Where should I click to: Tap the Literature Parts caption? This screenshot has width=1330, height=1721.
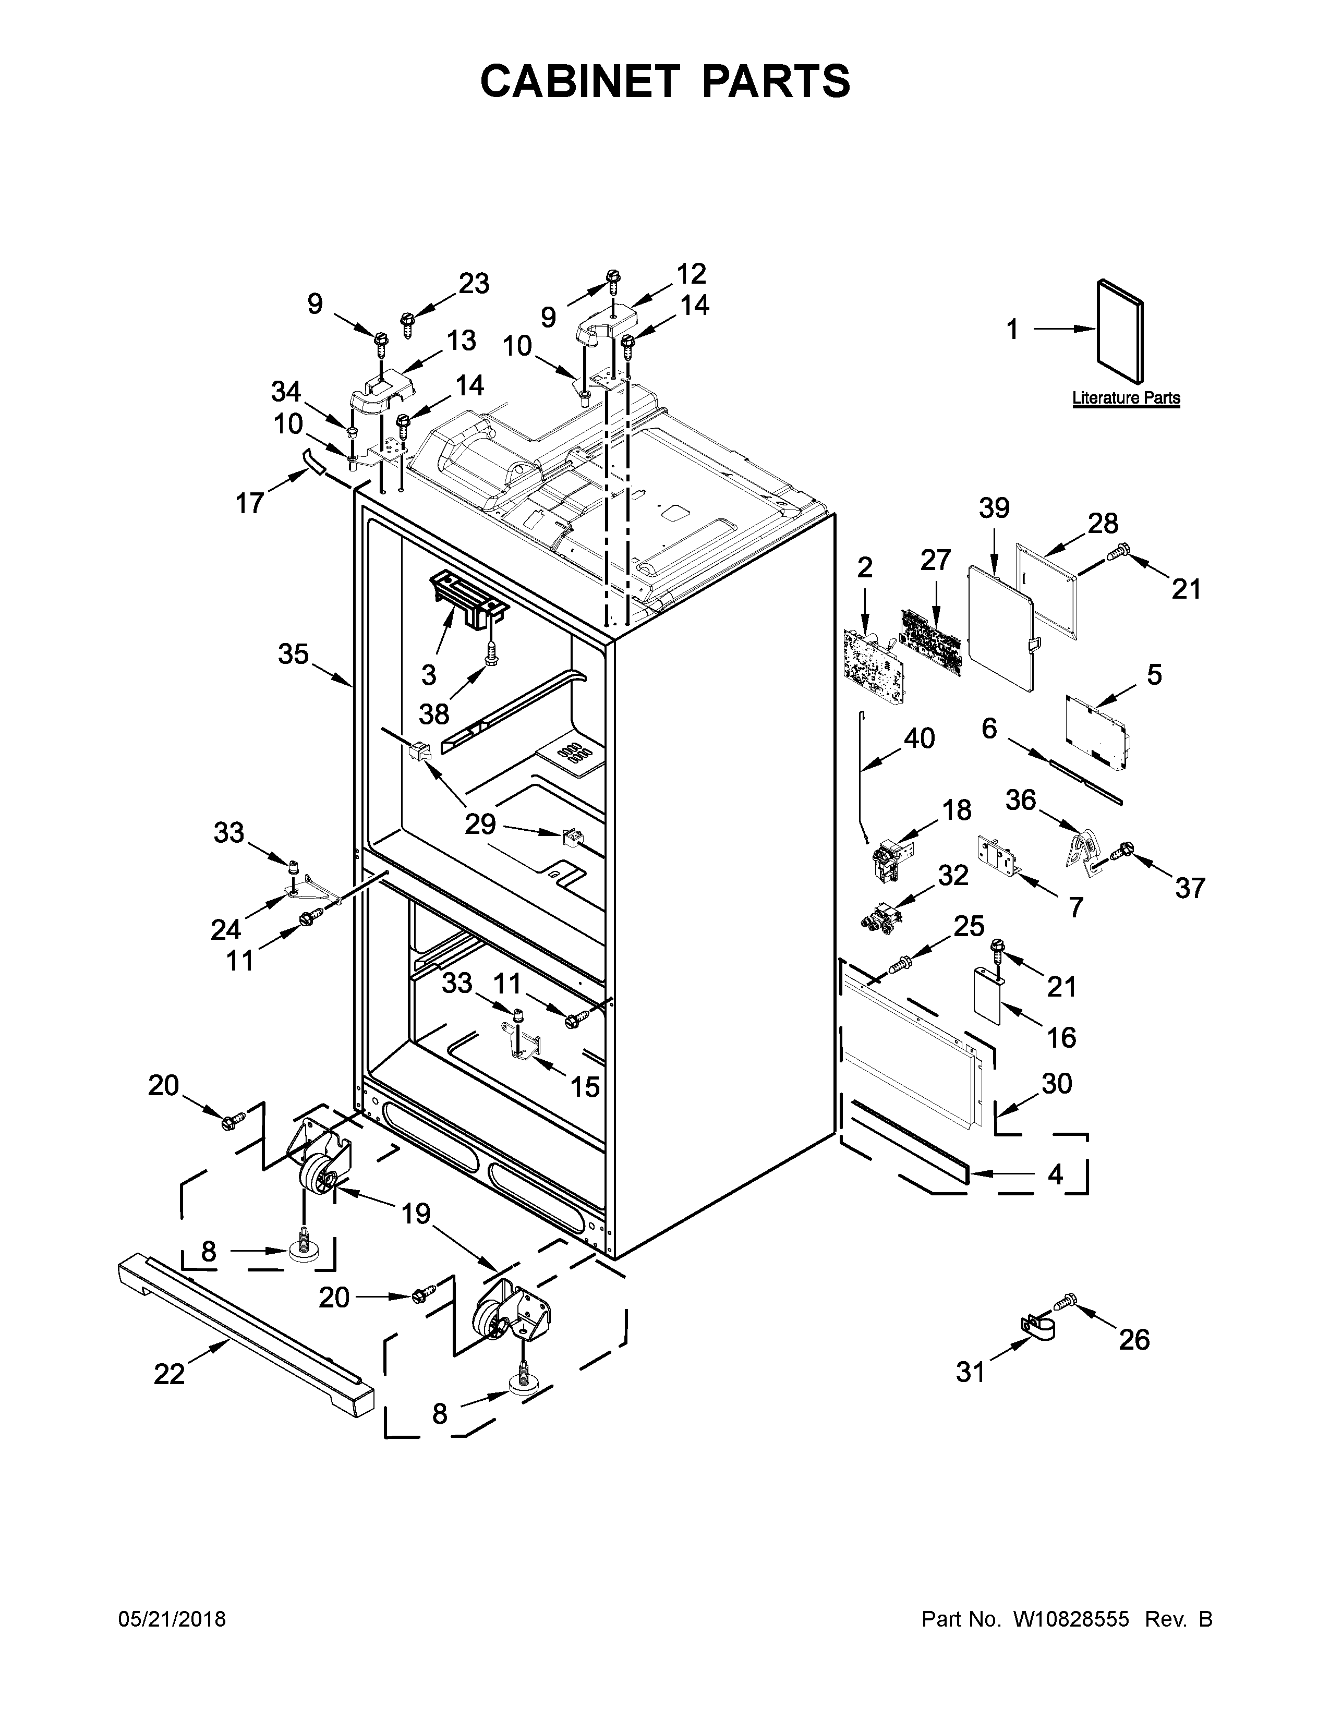click(1126, 398)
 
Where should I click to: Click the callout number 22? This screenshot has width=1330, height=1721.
click(170, 1374)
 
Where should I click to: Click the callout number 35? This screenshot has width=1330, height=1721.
click(293, 653)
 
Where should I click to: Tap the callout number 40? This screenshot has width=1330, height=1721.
click(918, 738)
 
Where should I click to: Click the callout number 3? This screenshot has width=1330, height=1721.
click(429, 674)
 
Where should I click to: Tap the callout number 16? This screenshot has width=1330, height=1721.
click(1061, 1037)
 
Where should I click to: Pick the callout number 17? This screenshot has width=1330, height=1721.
click(250, 503)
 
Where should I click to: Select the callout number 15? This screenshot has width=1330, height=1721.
click(585, 1087)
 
